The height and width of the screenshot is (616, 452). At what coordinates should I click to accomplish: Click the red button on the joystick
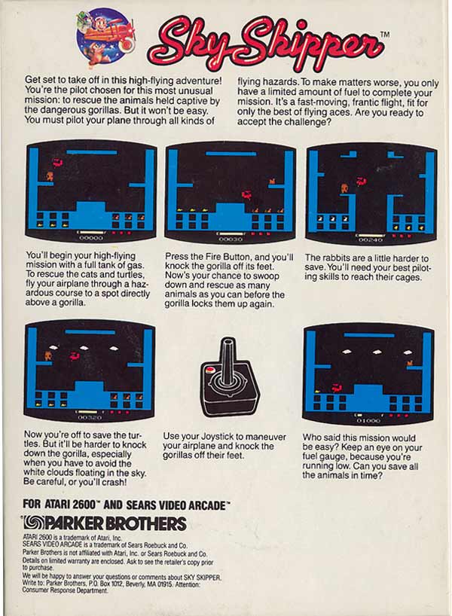tap(210, 370)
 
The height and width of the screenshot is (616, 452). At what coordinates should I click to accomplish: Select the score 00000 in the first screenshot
tap(91, 238)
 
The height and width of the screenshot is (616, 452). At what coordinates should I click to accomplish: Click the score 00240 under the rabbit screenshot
tap(371, 239)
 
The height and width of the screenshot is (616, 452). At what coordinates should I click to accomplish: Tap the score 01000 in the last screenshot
tap(368, 420)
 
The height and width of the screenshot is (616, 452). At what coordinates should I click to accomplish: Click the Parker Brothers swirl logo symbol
tap(33, 523)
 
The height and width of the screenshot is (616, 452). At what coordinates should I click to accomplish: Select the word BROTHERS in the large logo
tap(146, 523)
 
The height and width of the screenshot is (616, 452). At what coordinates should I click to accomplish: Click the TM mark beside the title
tap(385, 34)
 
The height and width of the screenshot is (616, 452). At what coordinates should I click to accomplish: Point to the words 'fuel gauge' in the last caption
tap(324, 457)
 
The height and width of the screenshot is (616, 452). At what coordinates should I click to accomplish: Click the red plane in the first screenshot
tap(58, 163)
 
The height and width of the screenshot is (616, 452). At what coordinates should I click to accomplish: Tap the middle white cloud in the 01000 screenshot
tap(377, 352)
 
